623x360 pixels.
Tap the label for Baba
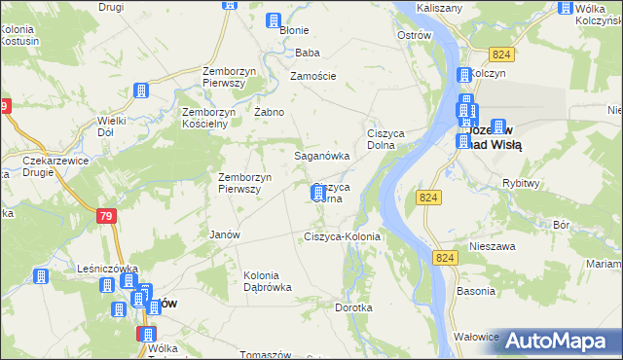[308, 53]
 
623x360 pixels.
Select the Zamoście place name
[313, 76]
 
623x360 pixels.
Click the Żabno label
[269, 112]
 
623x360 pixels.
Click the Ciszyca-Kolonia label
[342, 236]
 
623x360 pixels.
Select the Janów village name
[225, 234]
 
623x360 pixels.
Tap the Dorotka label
[353, 307]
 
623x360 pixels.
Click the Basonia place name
[474, 291]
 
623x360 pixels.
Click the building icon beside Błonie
[274, 19]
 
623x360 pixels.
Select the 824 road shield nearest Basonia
[446, 257]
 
